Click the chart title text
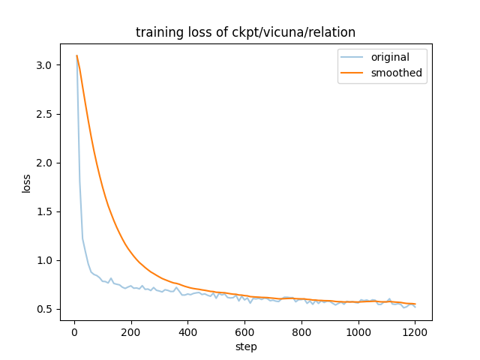(245, 32)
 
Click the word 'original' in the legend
(391, 58)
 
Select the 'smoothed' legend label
(396, 73)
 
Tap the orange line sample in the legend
(355, 73)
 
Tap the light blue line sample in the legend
(355, 58)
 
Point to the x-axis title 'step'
(246, 346)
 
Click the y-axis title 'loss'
(26, 183)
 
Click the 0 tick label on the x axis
(74, 332)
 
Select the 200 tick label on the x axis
(131, 332)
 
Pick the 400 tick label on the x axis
(188, 332)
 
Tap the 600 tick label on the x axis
(245, 332)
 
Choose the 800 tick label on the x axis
(302, 332)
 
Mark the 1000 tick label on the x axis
(358, 332)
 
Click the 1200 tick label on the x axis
(415, 332)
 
